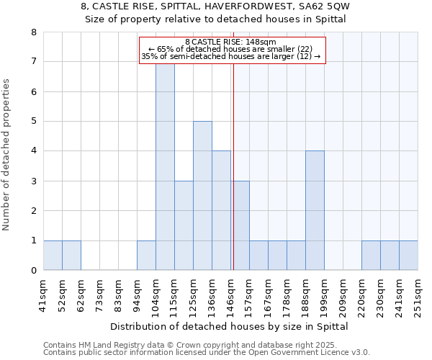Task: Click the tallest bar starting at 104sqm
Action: click(x=165, y=167)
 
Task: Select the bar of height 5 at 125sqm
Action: click(x=202, y=196)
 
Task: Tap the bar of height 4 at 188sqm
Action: click(x=315, y=210)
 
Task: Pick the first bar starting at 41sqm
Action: click(x=53, y=256)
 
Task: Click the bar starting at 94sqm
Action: click(x=146, y=256)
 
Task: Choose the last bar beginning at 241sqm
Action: click(x=408, y=256)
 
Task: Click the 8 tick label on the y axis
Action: click(x=33, y=32)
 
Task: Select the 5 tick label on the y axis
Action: click(x=33, y=121)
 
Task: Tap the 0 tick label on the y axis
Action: click(x=33, y=271)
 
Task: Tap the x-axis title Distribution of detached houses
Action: click(x=230, y=326)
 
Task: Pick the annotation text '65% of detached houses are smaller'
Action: click(x=230, y=49)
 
